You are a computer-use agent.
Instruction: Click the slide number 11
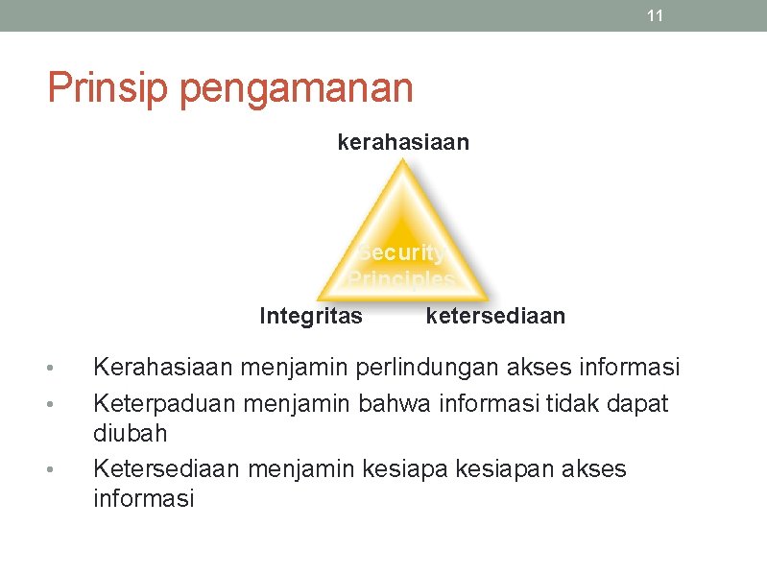pos(656,15)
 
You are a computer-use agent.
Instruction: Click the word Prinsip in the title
pos(108,88)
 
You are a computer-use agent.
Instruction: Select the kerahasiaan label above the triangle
pos(403,143)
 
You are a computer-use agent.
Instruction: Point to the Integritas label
pos(311,316)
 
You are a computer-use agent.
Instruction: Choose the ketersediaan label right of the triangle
pos(495,316)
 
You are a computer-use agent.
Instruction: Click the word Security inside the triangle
pos(401,253)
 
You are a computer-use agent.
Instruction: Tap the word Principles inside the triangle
pos(401,279)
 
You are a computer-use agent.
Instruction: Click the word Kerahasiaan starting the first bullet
pos(163,368)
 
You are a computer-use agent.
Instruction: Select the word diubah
pos(130,433)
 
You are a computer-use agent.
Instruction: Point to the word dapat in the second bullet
pos(638,404)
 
